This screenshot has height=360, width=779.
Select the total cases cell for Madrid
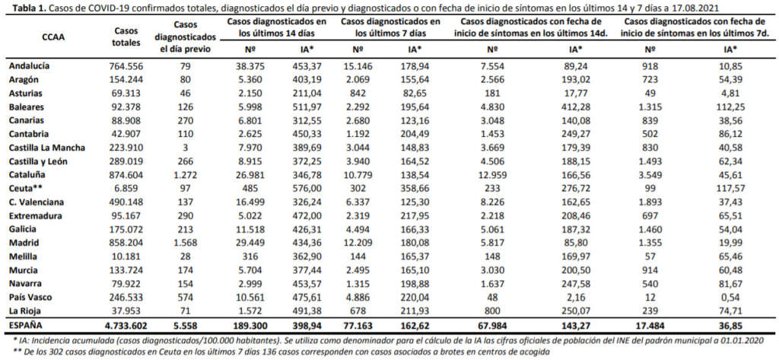click(x=126, y=243)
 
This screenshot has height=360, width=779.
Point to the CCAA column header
click(x=52, y=36)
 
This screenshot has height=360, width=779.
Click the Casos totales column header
click(x=126, y=37)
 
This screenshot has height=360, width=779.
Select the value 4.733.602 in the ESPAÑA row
click(x=126, y=326)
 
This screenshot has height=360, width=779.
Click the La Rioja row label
click(x=24, y=311)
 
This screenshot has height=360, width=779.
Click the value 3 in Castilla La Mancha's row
click(x=185, y=148)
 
